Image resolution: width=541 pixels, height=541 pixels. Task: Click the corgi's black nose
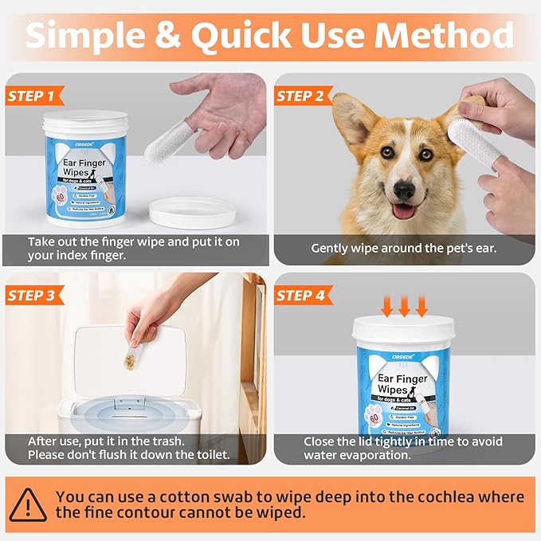coord(404,190)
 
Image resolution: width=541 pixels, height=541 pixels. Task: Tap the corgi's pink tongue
coord(404,212)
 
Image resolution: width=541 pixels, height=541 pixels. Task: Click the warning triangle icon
coord(28,504)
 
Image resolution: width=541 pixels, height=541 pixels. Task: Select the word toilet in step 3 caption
coord(202,456)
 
